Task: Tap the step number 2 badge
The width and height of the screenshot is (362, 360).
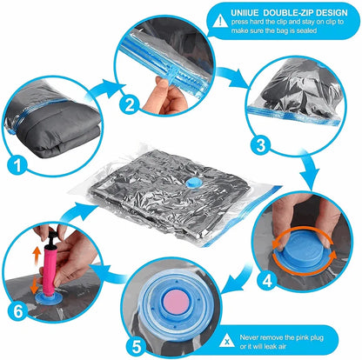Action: click(x=130, y=106)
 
